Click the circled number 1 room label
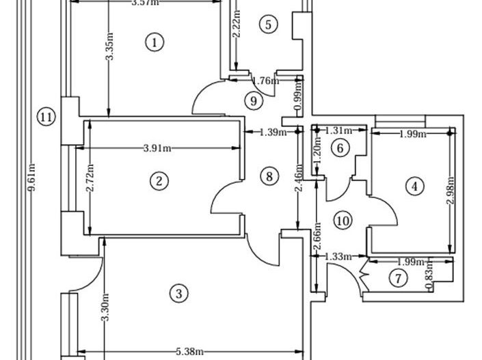click(155, 42)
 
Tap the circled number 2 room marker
click(159, 181)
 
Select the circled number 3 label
click(178, 294)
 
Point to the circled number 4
click(414, 186)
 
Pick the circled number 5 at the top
click(268, 25)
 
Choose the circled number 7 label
click(397, 278)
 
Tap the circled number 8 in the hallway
click(270, 176)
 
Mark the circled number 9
click(254, 101)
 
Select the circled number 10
click(343, 220)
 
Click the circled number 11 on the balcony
click(46, 117)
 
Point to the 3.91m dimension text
click(157, 148)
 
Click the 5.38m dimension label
click(189, 352)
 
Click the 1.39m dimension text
click(272, 133)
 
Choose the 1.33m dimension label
click(338, 257)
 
